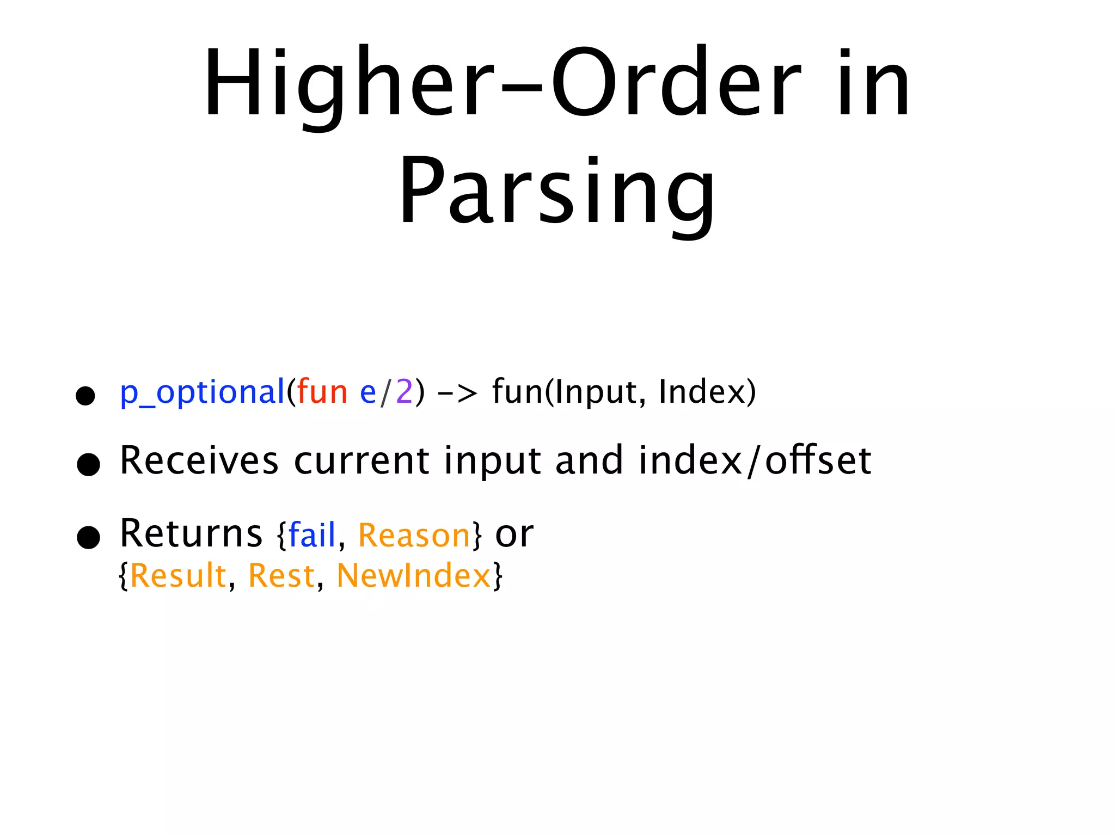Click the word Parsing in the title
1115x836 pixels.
coord(556,190)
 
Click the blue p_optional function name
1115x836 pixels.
coord(202,392)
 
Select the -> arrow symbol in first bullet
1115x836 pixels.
coord(457,392)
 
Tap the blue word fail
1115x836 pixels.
coord(311,534)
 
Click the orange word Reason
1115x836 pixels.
coord(414,536)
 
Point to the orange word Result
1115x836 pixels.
coord(178,575)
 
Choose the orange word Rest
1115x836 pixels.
coord(281,575)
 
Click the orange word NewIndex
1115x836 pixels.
coord(414,575)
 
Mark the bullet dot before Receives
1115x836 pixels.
coord(88,464)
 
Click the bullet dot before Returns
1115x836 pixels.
coord(88,537)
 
